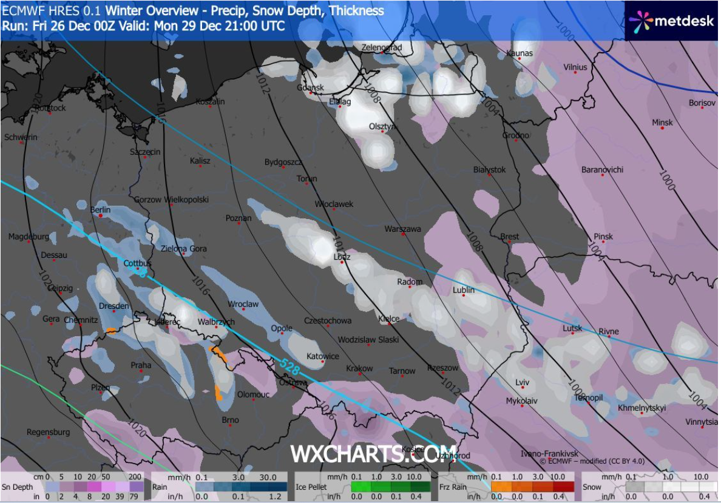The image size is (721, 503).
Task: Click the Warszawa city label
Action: tap(402, 229)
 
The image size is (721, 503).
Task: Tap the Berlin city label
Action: tap(100, 210)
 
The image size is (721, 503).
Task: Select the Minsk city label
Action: tap(662, 123)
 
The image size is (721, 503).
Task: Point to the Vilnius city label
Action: tap(575, 67)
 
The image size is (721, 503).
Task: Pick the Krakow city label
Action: tap(359, 369)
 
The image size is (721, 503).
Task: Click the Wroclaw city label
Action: tap(243, 304)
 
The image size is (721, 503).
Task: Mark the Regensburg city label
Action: tap(48, 432)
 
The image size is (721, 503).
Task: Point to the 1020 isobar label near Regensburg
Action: tap(137, 430)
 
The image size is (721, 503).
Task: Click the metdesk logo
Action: tap(672, 21)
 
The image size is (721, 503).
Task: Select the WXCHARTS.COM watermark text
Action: tap(364, 453)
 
